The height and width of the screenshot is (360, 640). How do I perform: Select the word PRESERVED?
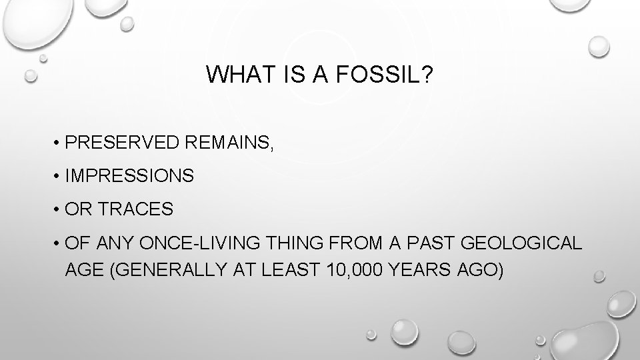coord(124,142)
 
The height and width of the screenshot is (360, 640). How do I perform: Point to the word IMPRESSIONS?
coord(130,176)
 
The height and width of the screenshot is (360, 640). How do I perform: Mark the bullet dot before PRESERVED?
coord(59,143)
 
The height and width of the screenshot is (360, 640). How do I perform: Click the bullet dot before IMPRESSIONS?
coord(59,177)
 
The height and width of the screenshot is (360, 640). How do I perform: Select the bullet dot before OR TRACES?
coord(59,210)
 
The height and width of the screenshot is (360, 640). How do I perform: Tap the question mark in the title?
coord(426,75)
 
